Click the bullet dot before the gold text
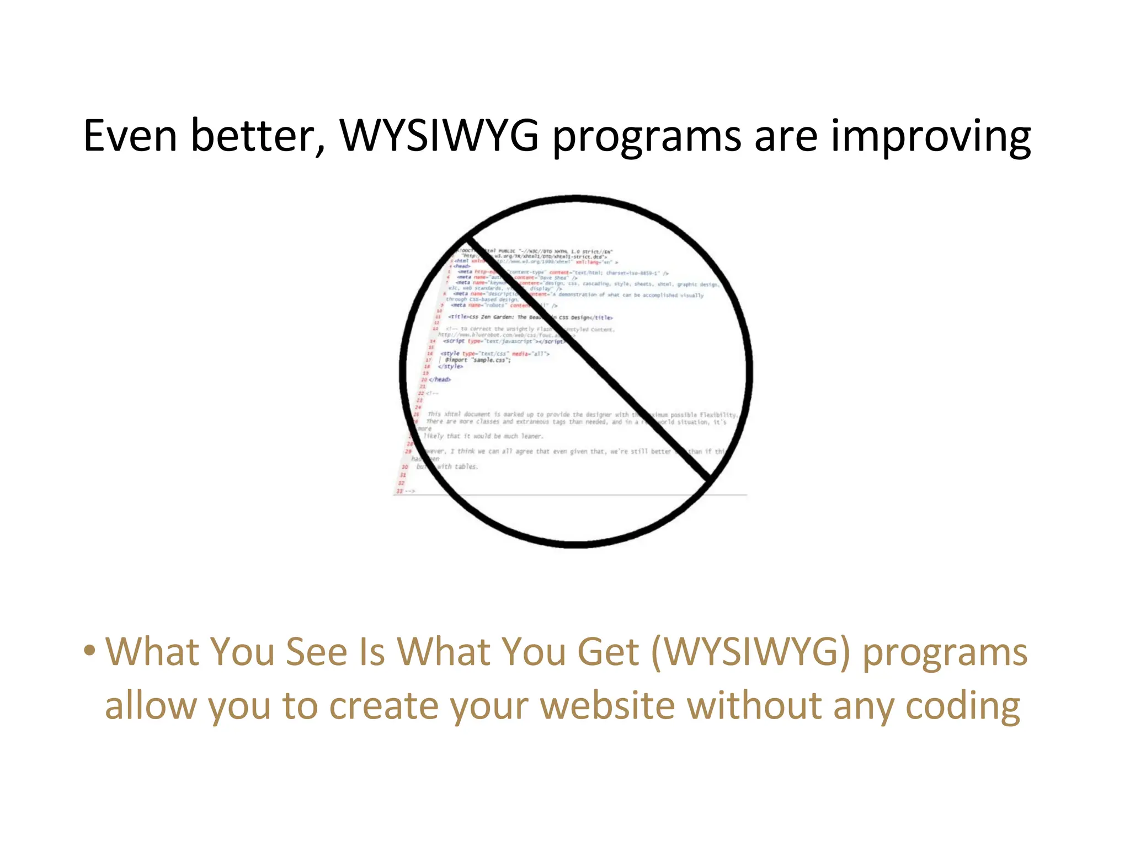click(x=89, y=651)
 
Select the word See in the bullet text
click(x=317, y=652)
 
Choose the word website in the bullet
click(x=607, y=706)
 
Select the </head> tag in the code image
click(x=440, y=379)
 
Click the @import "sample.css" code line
click(x=478, y=360)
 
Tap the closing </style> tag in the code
click(x=451, y=366)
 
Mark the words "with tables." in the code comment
click(x=457, y=467)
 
